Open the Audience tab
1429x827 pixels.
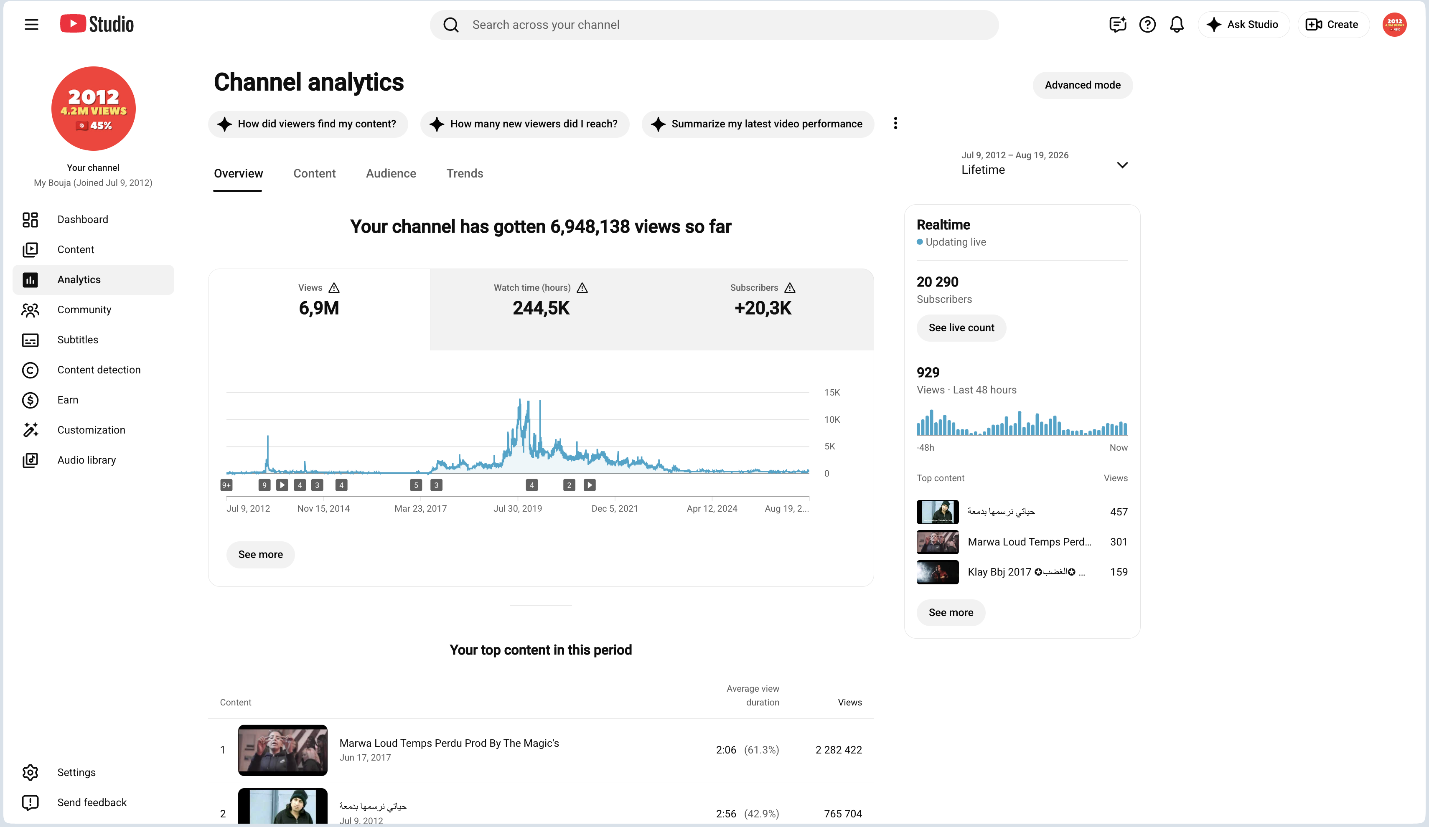coord(391,173)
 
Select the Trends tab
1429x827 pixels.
coord(465,173)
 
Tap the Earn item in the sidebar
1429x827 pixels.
coord(68,400)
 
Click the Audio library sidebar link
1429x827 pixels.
coord(86,460)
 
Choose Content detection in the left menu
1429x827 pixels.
coord(99,370)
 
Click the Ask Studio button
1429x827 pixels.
coord(1243,24)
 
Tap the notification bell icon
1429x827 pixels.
coord(1177,24)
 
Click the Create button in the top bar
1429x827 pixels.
coord(1332,24)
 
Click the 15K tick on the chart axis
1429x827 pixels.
coord(832,392)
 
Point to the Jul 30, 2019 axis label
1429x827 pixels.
coord(517,508)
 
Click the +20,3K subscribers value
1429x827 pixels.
coord(763,308)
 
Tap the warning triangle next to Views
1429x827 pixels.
coord(334,288)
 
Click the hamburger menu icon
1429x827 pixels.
coord(32,24)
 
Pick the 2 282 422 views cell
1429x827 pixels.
coord(838,750)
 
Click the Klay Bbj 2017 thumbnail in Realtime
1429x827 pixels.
coord(937,572)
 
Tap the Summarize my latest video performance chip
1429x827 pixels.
coord(758,124)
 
